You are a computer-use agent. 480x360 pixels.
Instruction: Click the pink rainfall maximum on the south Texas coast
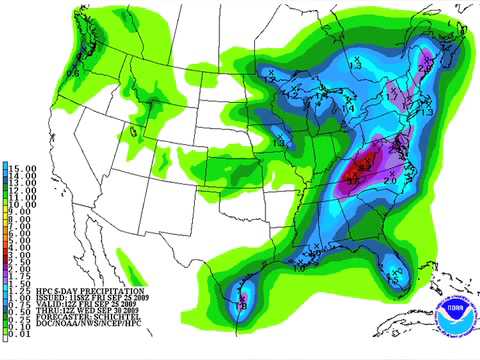coord(240,295)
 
